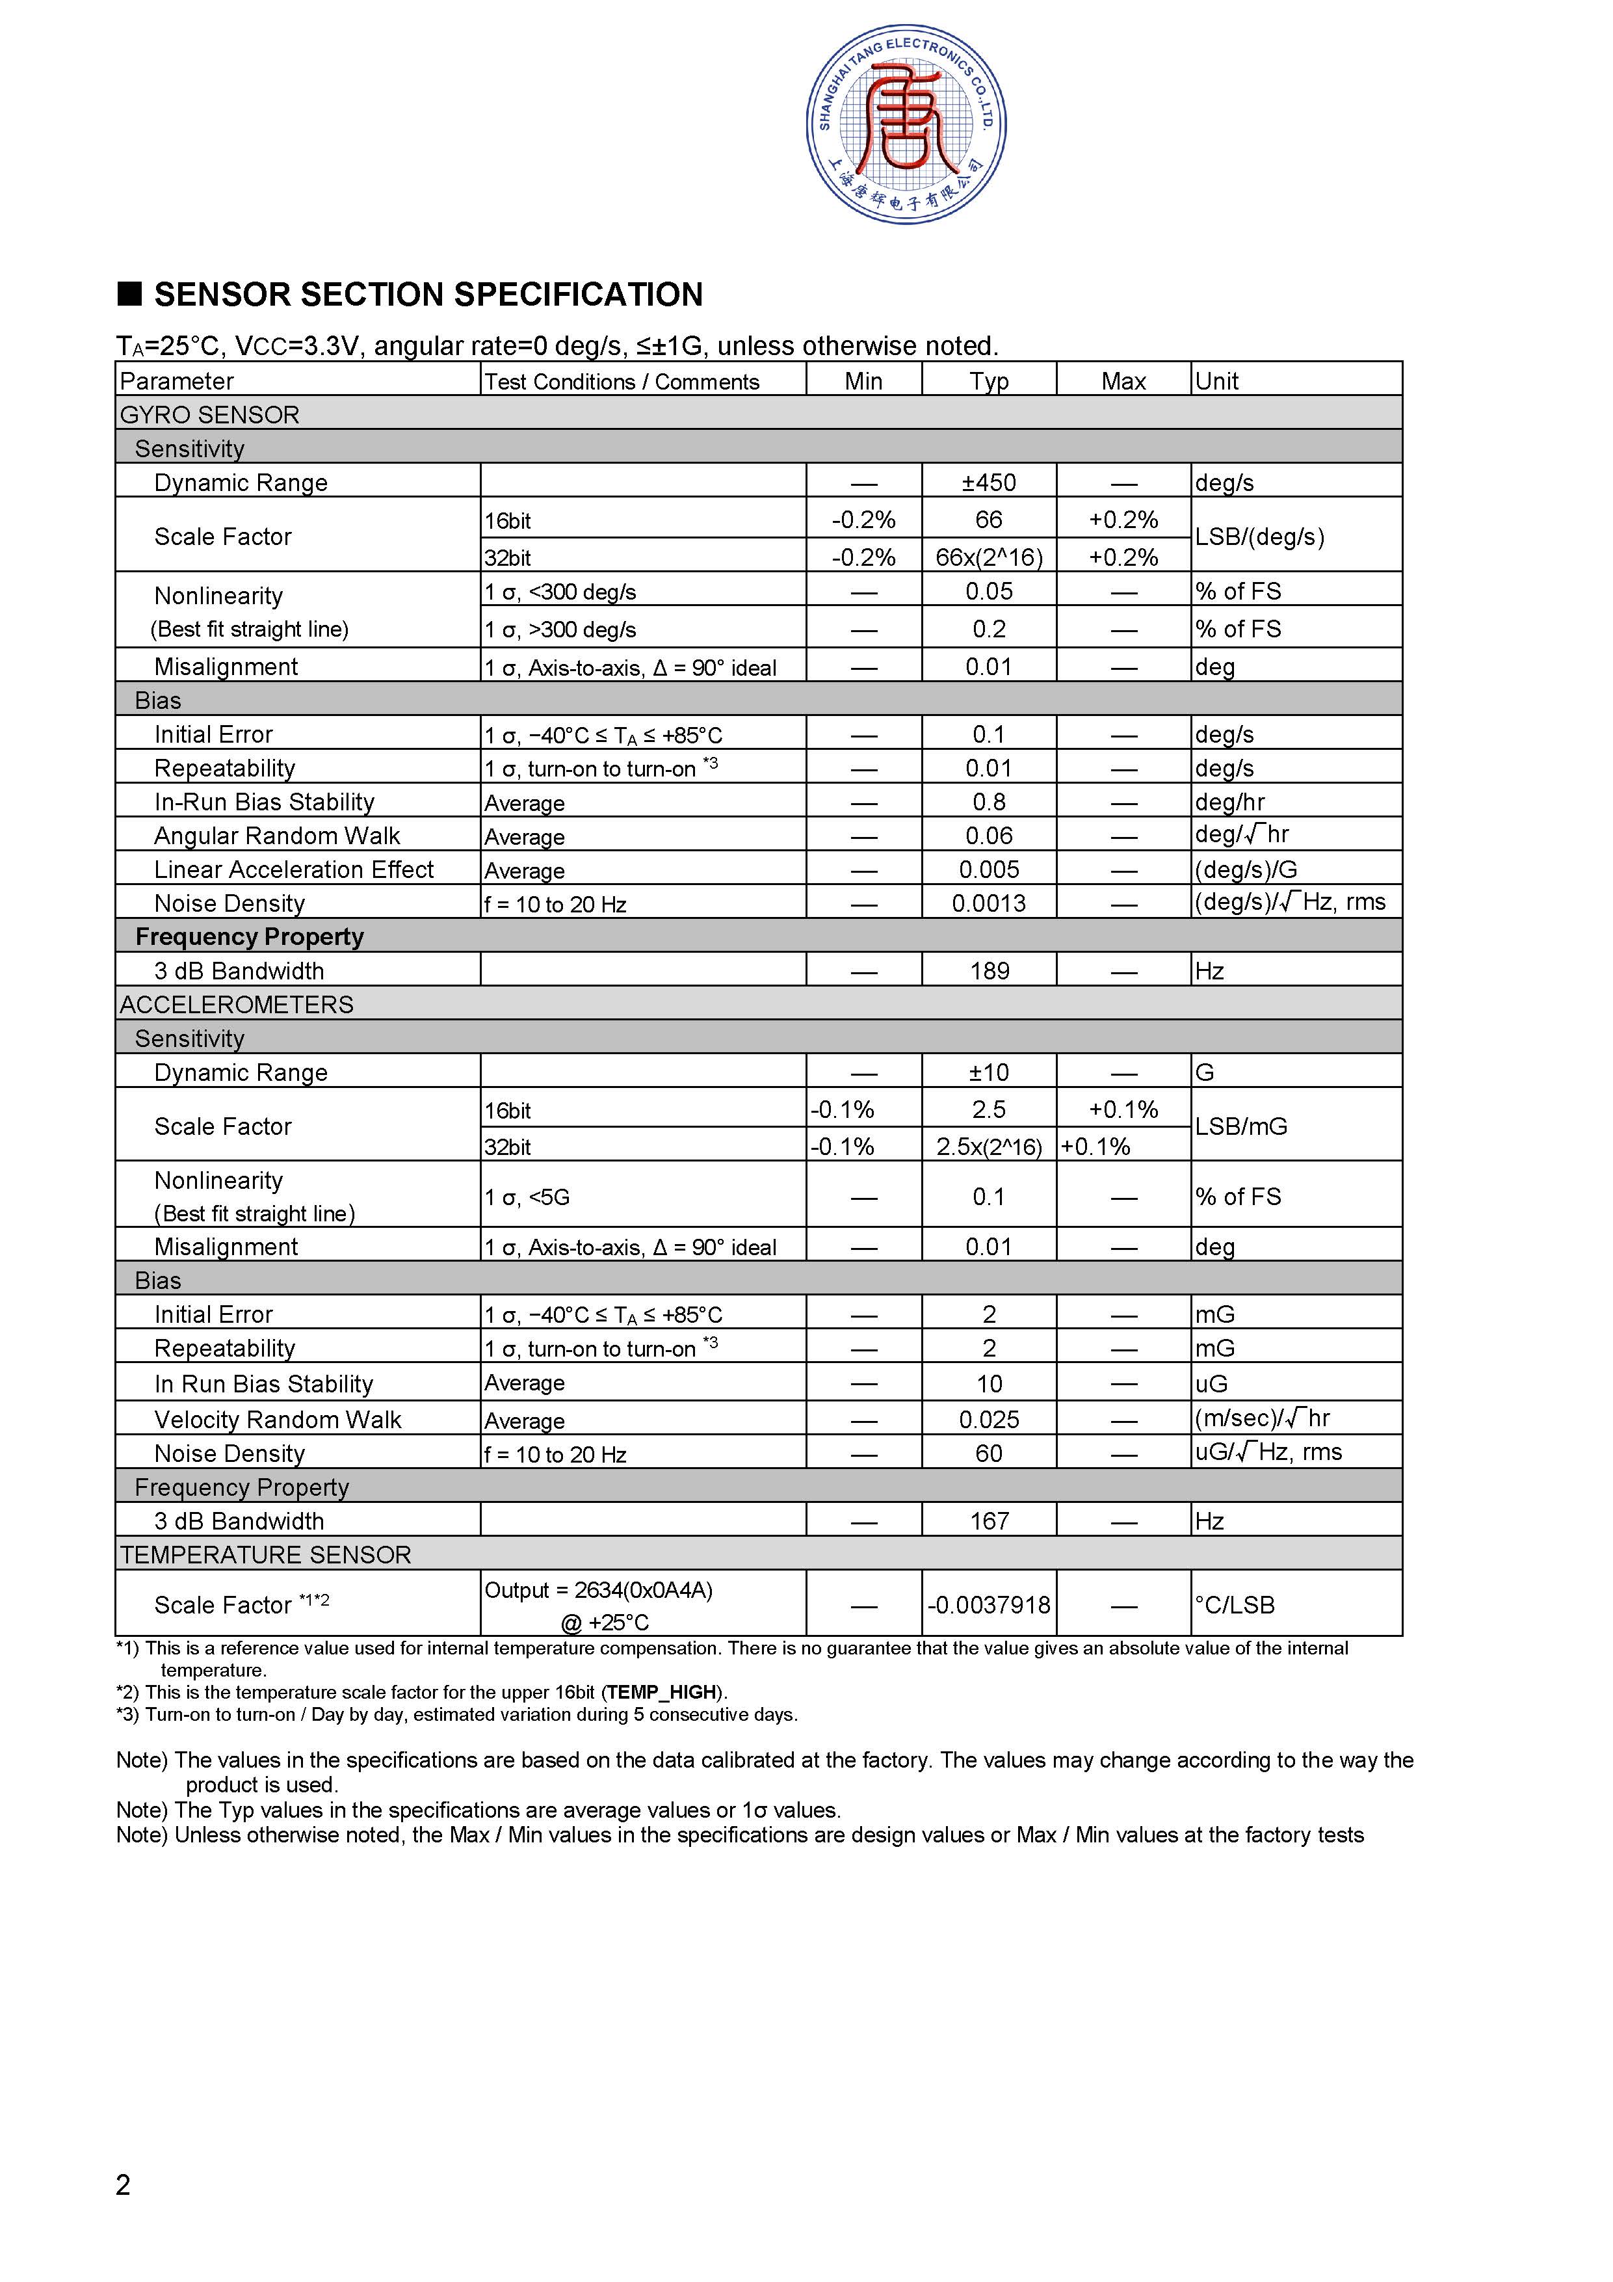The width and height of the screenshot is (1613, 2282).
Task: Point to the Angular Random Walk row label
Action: (x=276, y=836)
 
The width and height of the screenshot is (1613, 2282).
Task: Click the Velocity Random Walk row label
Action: (x=277, y=1419)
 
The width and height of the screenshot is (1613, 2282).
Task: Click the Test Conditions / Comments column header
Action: (x=621, y=382)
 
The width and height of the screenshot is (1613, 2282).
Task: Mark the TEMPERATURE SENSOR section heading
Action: (x=265, y=1554)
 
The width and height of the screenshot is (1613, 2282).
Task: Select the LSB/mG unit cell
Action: (x=1240, y=1126)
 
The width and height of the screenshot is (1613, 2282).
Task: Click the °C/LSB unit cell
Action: (x=1235, y=1605)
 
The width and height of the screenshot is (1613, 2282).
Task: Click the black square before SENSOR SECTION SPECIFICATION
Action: (x=130, y=293)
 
